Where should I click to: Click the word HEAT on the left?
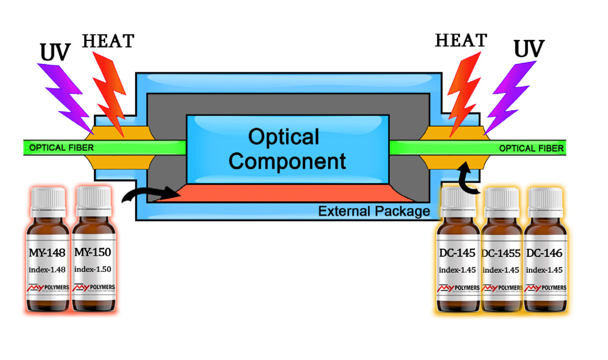108,41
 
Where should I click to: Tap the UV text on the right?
529,50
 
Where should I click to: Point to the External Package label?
374,211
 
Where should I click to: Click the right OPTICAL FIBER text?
531,148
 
